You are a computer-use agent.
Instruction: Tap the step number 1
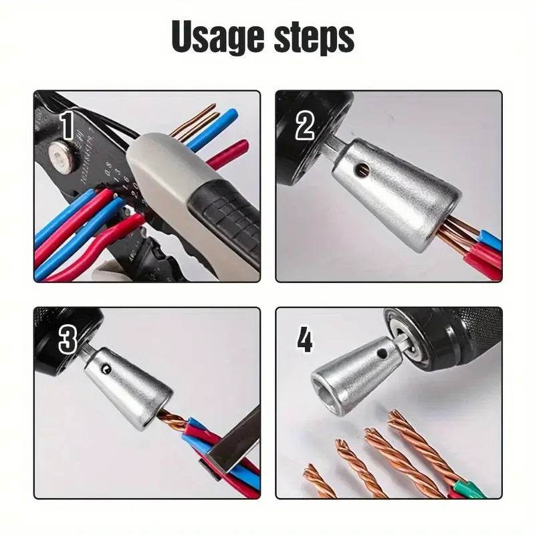pos(67,124)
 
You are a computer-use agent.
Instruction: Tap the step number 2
pos(305,125)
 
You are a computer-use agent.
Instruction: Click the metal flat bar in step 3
pos(234,438)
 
